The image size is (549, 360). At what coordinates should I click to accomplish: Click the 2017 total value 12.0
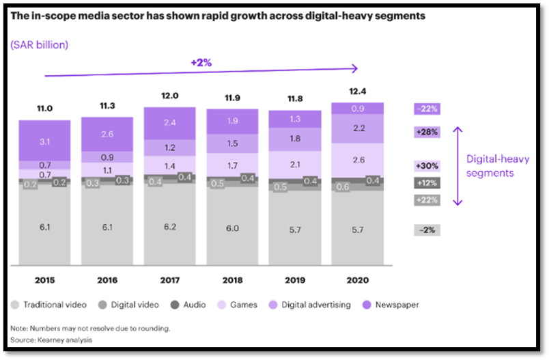point(169,96)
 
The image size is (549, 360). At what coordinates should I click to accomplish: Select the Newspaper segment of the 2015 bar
point(44,140)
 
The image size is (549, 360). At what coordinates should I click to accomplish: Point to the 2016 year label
point(107,281)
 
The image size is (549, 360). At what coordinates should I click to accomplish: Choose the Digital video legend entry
point(130,305)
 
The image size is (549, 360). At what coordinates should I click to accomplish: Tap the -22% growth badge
point(427,109)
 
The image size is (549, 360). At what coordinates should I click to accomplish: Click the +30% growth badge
point(427,165)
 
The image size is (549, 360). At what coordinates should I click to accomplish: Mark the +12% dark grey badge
point(427,182)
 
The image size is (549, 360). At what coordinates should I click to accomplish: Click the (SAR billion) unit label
point(39,44)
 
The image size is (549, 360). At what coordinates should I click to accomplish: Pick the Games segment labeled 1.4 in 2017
point(169,165)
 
